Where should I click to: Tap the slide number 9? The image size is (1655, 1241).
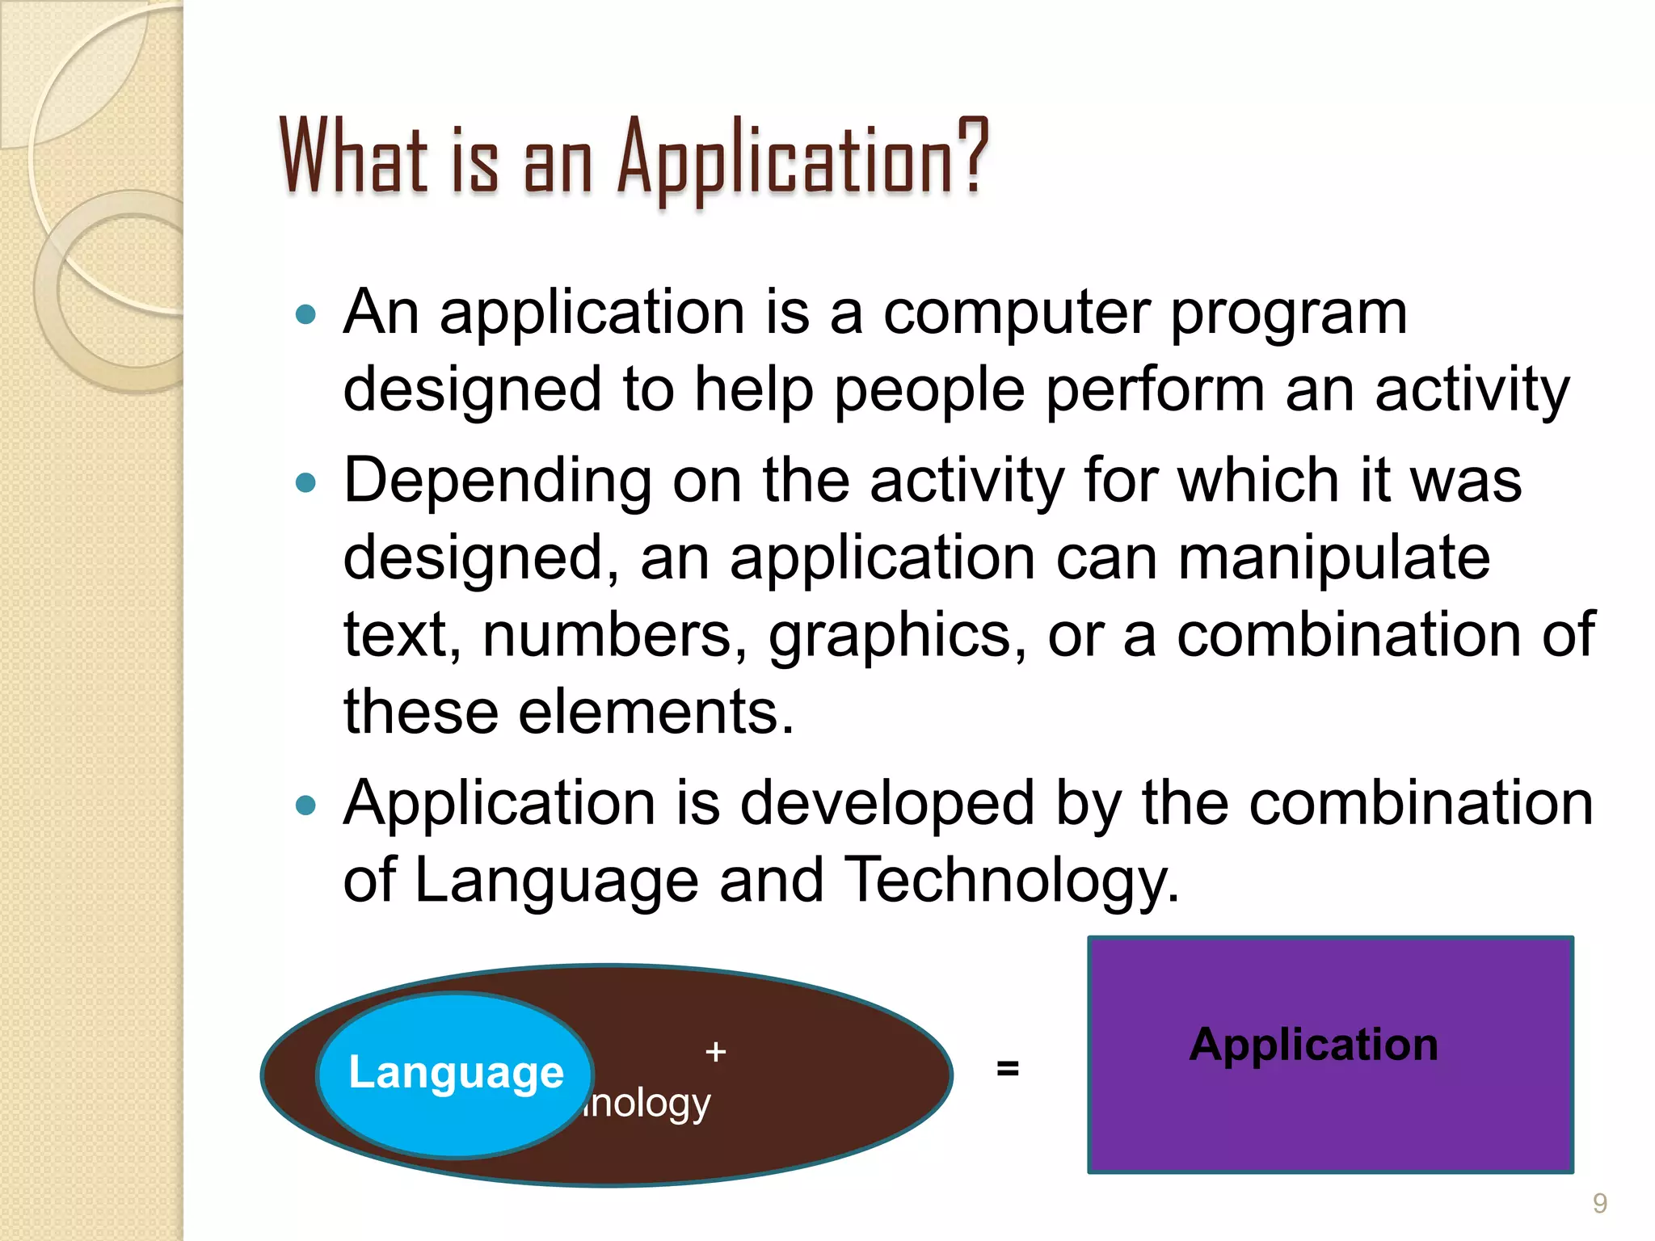pyautogui.click(x=1599, y=1203)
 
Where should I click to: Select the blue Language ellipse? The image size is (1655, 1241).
pyautogui.click(x=455, y=1075)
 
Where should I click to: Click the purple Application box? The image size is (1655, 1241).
pyautogui.click(x=1330, y=1054)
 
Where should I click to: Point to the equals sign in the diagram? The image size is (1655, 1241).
pyautogui.click(x=1007, y=1068)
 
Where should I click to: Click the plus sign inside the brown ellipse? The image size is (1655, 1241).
pyautogui.click(x=715, y=1052)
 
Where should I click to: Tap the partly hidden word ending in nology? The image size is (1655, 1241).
pyautogui.click(x=646, y=1104)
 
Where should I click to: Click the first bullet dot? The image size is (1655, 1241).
pyautogui.click(x=305, y=314)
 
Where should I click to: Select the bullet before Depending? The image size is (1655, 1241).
pyautogui.click(x=305, y=483)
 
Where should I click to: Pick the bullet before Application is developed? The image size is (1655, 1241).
pyautogui.click(x=305, y=805)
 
